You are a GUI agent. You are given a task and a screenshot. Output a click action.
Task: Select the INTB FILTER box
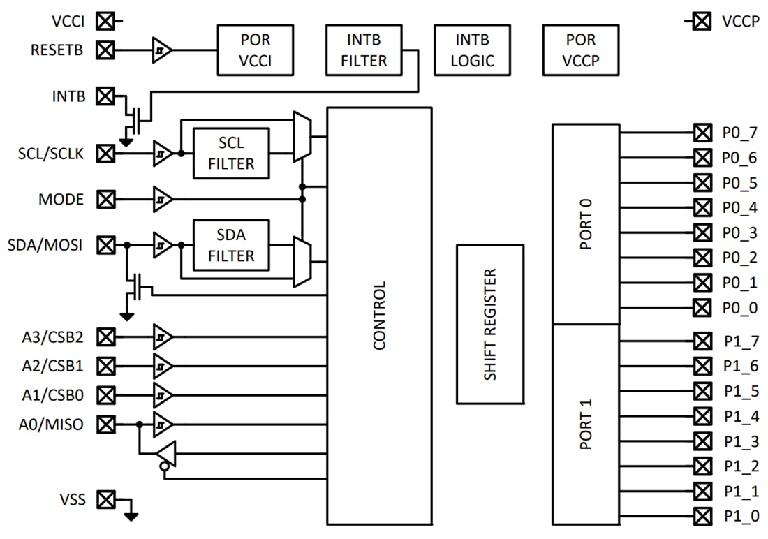coord(364,50)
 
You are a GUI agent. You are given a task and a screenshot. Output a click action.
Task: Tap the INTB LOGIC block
coord(472,50)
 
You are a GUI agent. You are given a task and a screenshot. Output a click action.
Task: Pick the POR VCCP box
coord(582,50)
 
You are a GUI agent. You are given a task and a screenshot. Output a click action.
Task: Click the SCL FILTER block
coord(231,153)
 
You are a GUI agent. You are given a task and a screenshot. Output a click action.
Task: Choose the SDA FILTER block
coord(231,244)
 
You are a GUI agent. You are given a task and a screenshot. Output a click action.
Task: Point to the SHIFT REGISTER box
coord(490,324)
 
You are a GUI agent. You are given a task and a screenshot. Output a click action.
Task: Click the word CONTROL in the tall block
coord(379,316)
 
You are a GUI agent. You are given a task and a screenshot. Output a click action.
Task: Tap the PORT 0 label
coord(585,224)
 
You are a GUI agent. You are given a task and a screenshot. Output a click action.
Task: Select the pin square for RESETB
coord(105,50)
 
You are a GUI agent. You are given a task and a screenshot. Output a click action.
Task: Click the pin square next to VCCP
coord(702,21)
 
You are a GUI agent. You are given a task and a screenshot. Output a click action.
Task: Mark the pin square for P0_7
coord(702,132)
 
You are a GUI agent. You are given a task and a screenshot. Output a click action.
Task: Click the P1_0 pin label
coord(741,517)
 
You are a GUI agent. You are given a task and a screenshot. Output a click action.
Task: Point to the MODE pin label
coord(61,200)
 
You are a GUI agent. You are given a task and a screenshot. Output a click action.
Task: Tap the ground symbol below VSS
coord(131,516)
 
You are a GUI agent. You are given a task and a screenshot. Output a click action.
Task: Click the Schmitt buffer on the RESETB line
coord(162,50)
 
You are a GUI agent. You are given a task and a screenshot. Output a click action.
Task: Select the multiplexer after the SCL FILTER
coord(302,136)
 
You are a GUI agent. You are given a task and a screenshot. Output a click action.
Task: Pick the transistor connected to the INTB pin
coord(138,117)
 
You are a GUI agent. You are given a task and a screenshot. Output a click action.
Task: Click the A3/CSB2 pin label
coord(52,337)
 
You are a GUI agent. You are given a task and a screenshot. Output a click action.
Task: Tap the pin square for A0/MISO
coord(105,424)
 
